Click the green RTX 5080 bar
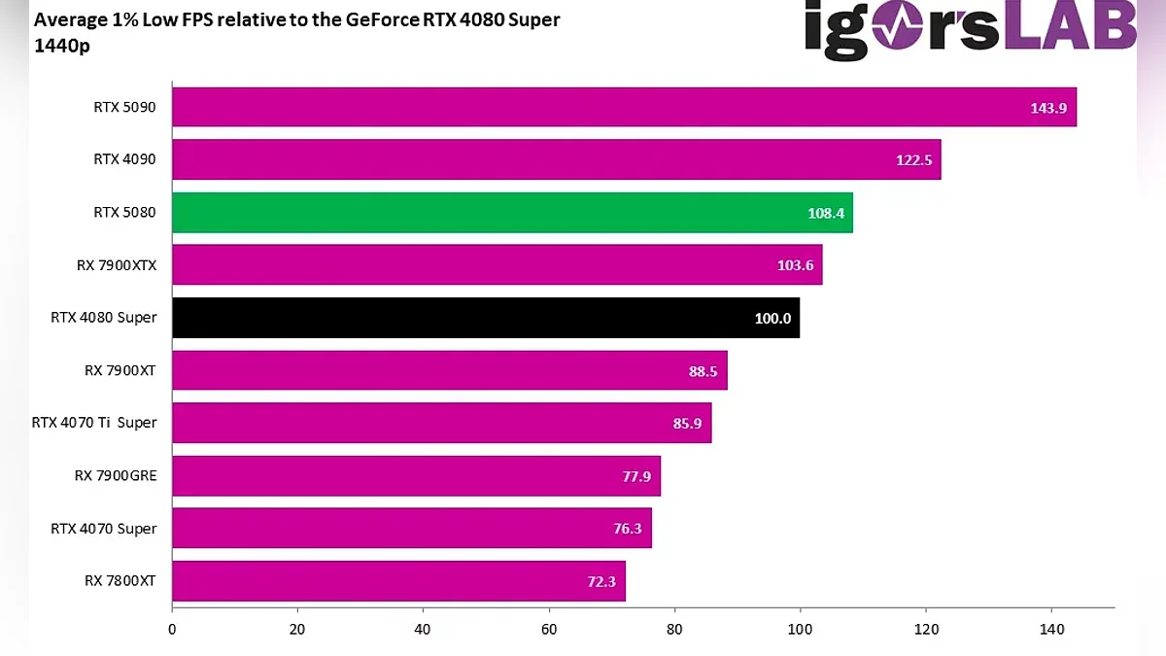click(x=512, y=213)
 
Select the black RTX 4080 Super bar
click(x=486, y=318)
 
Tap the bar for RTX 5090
click(x=624, y=107)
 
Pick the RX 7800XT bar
click(x=398, y=581)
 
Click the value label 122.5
click(x=913, y=160)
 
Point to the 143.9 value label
click(x=1048, y=108)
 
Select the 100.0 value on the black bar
click(x=772, y=319)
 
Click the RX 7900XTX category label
click(x=117, y=265)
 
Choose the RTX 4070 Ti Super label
click(x=94, y=423)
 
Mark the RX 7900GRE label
click(x=116, y=476)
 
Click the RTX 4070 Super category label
click(x=104, y=529)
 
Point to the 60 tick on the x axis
click(x=549, y=629)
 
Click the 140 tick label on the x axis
click(x=1051, y=629)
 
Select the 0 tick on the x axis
click(x=172, y=629)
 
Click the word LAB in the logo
click(x=1069, y=29)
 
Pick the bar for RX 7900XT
click(x=449, y=370)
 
